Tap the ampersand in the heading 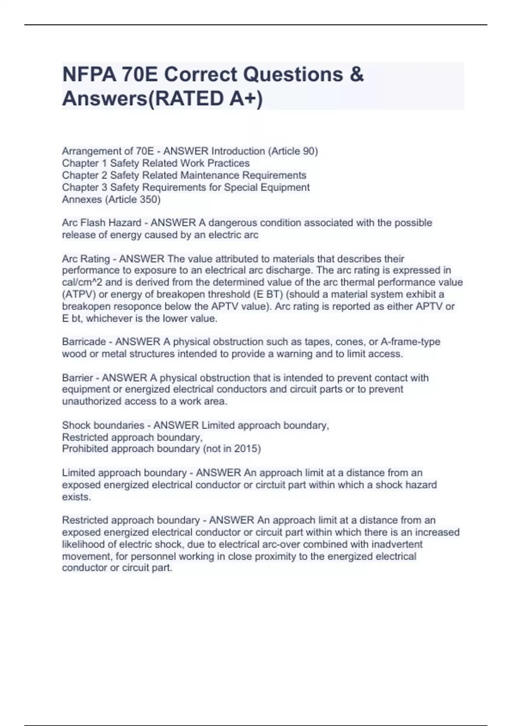click(357, 75)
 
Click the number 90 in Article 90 click(308, 151)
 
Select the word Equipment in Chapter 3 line click(288, 187)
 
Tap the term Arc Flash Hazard click(102, 223)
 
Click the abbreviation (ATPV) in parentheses click(79, 294)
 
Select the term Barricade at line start click(84, 342)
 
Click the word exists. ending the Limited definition click(76, 497)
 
